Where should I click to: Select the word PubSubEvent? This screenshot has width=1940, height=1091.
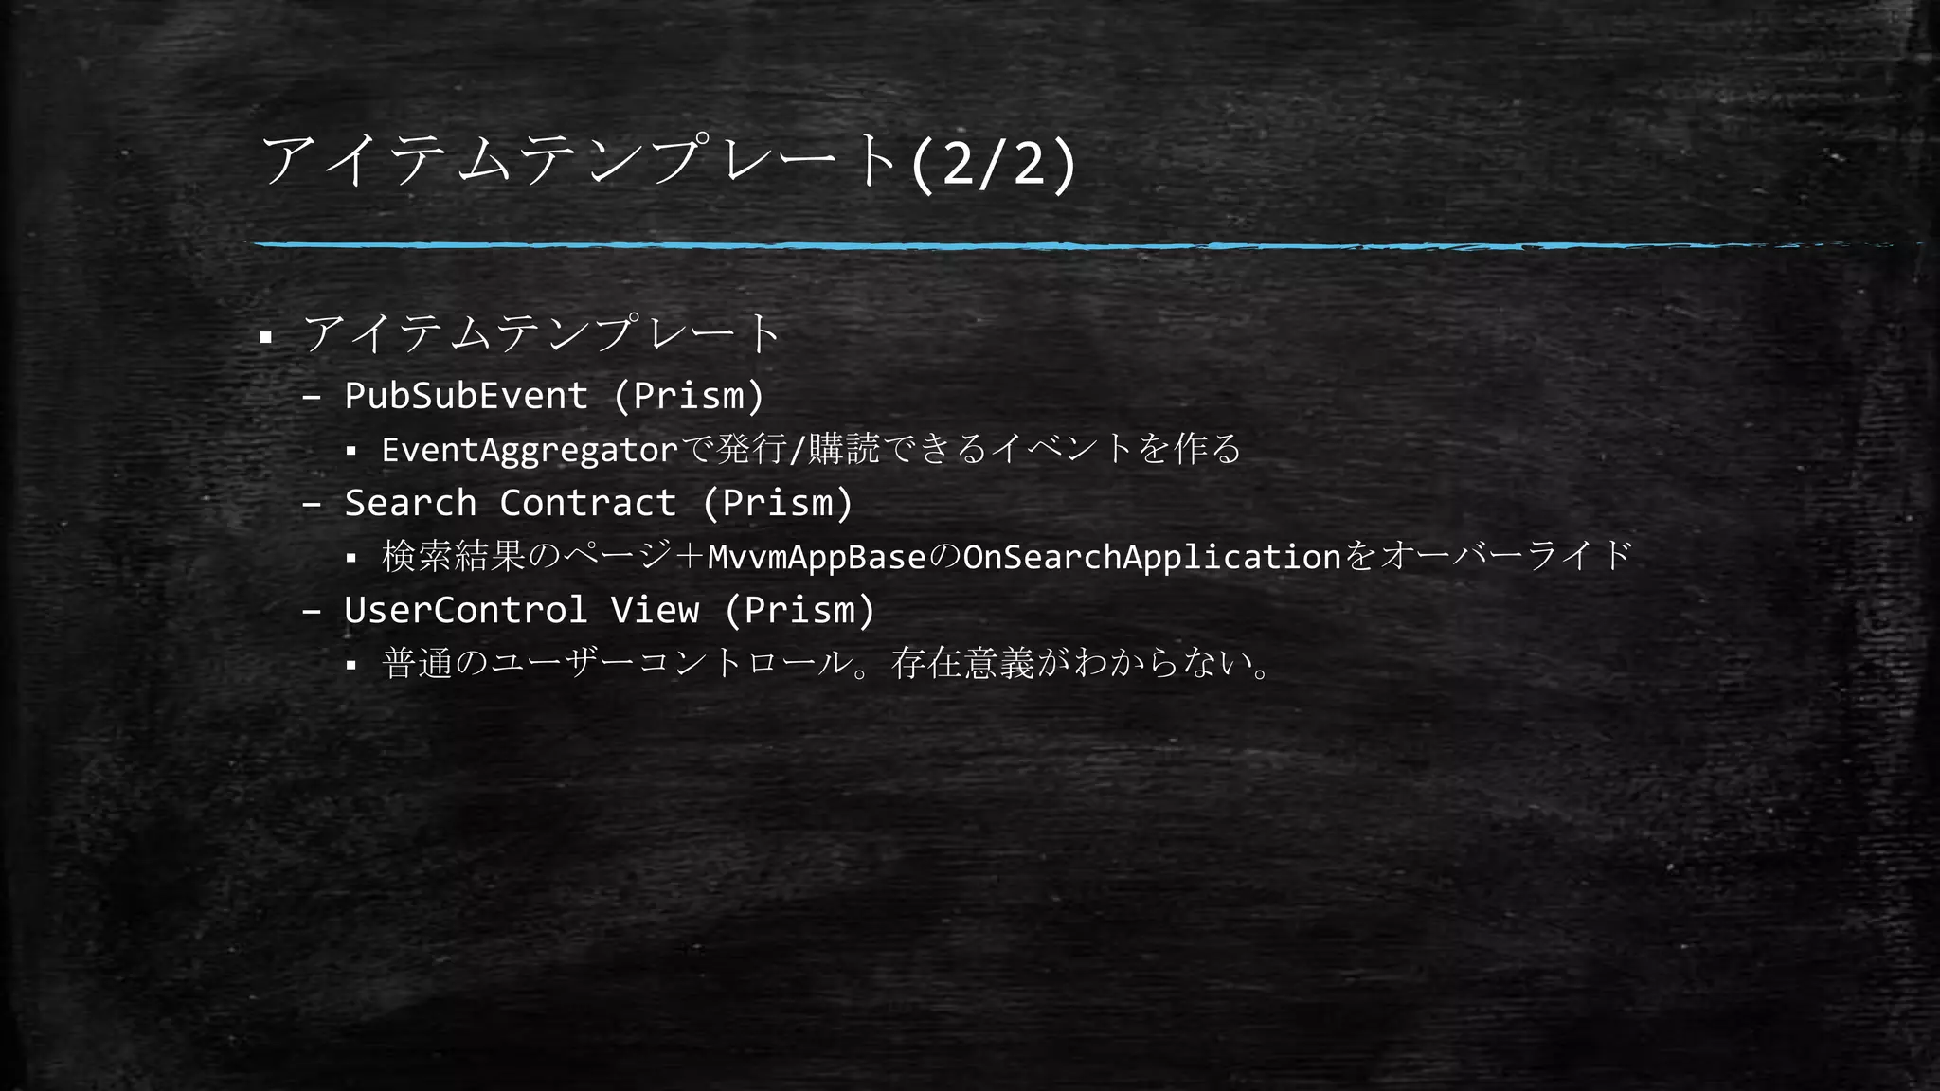pyautogui.click(x=466, y=396)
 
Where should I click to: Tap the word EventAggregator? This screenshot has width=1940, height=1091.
pyautogui.click(x=530, y=450)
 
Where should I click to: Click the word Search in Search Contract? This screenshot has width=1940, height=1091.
pyautogui.click(x=410, y=503)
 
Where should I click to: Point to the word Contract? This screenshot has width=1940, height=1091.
pyautogui.click(x=587, y=503)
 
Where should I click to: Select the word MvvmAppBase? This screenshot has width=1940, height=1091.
pyautogui.click(x=817, y=557)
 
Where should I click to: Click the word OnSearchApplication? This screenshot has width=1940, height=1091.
pyautogui.click(x=1152, y=557)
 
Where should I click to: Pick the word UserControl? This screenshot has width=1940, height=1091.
pyautogui.click(x=466, y=610)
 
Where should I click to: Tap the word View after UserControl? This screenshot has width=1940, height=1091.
pyautogui.click(x=655, y=610)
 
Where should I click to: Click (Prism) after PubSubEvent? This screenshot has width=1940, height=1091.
pyautogui.click(x=689, y=396)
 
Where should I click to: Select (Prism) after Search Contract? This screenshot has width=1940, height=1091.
pyautogui.click(x=778, y=503)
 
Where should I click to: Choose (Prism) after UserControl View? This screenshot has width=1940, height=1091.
pyautogui.click(x=799, y=610)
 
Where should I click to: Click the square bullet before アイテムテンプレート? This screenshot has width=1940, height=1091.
pyautogui.click(x=266, y=337)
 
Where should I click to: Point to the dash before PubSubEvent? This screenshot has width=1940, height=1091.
pyautogui.click(x=312, y=398)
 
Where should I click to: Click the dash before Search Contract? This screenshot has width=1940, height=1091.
pyautogui.click(x=312, y=505)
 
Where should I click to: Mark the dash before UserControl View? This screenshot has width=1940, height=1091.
pyautogui.click(x=312, y=612)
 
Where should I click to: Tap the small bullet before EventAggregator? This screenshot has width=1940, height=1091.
pyautogui.click(x=350, y=452)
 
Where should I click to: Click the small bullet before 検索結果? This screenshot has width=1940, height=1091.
pyautogui.click(x=350, y=559)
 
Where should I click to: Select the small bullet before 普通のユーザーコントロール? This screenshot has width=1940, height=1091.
pyautogui.click(x=350, y=666)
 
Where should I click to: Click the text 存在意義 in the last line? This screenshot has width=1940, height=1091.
pyautogui.click(x=962, y=663)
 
